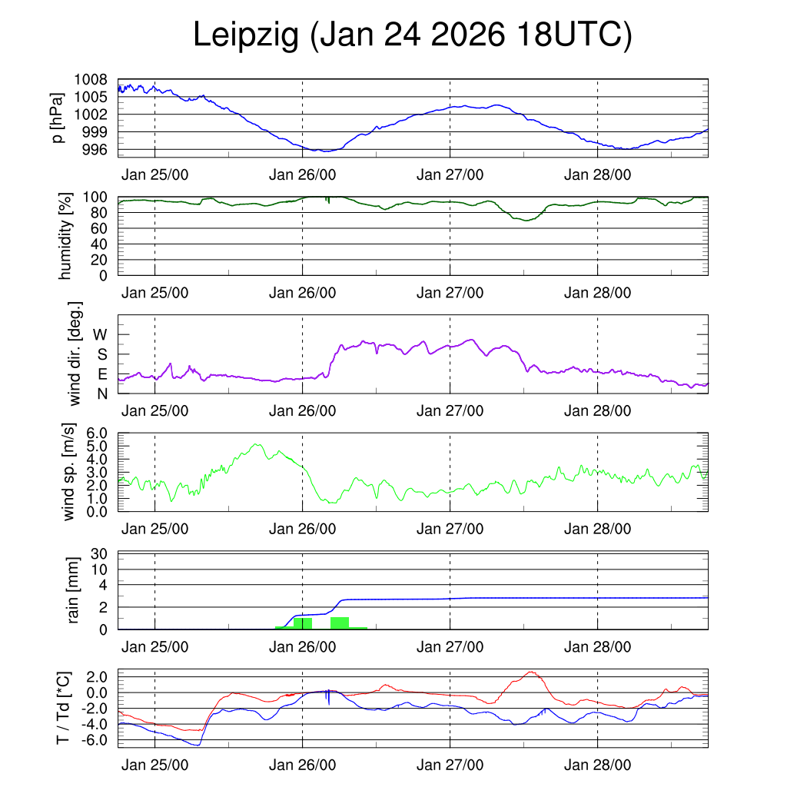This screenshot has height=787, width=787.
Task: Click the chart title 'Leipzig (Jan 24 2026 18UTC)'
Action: click(412, 35)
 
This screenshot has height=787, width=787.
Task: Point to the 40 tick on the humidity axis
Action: click(100, 244)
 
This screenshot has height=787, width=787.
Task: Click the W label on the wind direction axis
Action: click(101, 335)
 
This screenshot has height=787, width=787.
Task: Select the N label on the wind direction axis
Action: click(101, 393)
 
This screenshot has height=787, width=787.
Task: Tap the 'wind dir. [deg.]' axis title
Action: click(75, 354)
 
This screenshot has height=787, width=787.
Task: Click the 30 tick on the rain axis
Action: click(100, 553)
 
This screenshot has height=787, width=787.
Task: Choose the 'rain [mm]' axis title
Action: click(75, 591)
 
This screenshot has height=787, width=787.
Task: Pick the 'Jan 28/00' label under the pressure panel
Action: click(597, 174)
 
